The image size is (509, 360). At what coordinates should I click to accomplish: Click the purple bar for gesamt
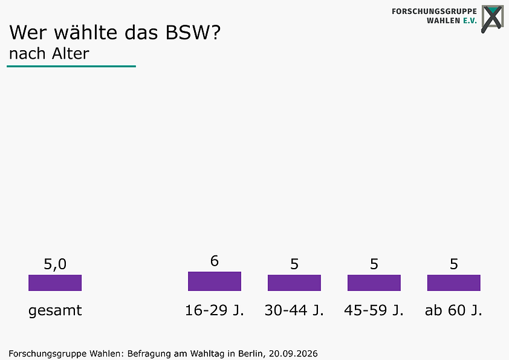(55, 283)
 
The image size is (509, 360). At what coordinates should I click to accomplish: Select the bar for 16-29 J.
(215, 281)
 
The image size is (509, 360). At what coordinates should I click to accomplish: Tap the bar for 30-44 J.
(294, 283)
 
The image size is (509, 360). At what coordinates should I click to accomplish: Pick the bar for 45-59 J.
(374, 283)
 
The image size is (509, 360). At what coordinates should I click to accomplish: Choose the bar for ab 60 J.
(454, 283)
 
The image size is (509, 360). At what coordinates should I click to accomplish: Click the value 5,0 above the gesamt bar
(55, 264)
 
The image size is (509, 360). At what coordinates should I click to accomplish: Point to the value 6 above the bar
(214, 261)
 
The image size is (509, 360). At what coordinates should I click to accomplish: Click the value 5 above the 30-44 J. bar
(294, 264)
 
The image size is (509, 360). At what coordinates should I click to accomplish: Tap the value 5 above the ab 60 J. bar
(454, 264)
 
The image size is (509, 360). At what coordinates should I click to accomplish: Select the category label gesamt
(55, 311)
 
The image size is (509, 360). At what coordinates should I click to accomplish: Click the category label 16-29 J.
(214, 310)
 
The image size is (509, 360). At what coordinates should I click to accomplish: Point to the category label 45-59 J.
(374, 310)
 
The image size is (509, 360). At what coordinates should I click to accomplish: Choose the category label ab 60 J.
(453, 310)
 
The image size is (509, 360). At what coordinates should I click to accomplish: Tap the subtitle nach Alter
(49, 54)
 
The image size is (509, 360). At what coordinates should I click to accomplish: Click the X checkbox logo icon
(493, 19)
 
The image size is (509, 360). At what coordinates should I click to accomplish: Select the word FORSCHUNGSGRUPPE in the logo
(434, 11)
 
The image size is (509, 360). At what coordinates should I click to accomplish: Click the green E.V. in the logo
(470, 21)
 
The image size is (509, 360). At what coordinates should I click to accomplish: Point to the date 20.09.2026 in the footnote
(293, 353)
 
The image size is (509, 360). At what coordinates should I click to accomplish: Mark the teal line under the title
(71, 67)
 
